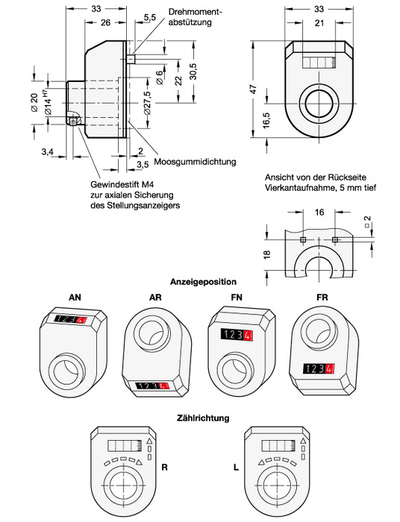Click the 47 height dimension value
(x=254, y=89)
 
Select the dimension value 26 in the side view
(x=105, y=22)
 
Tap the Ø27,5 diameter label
(x=148, y=103)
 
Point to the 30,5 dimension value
(x=193, y=72)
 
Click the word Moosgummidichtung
(x=195, y=162)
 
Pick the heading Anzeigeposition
(x=203, y=282)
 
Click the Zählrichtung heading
(x=203, y=418)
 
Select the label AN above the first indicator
(x=75, y=298)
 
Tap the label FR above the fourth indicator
(x=322, y=298)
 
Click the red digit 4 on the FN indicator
(x=247, y=335)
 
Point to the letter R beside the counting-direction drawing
(x=164, y=467)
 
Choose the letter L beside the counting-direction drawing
(x=236, y=467)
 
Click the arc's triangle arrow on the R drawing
(x=140, y=462)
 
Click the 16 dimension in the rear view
(x=319, y=212)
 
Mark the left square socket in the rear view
(x=303, y=239)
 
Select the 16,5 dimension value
(x=267, y=120)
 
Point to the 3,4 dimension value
(x=47, y=152)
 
